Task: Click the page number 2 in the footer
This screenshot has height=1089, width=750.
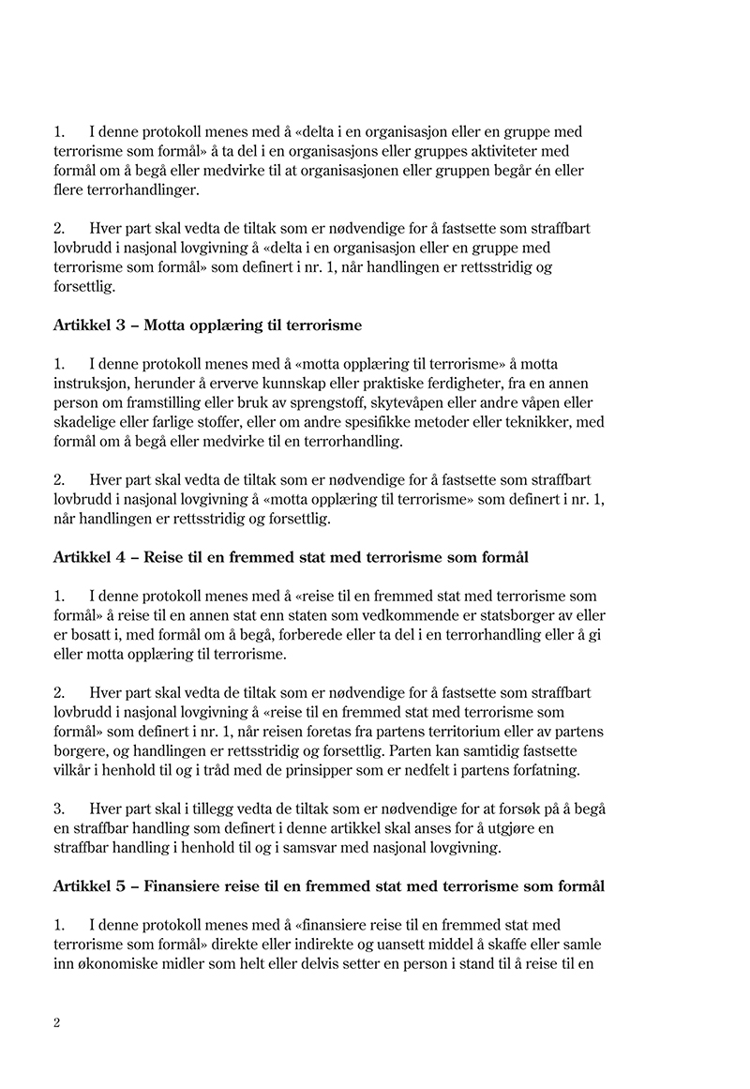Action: tap(57, 1023)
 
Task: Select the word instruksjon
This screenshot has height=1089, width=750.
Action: tap(92, 384)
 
